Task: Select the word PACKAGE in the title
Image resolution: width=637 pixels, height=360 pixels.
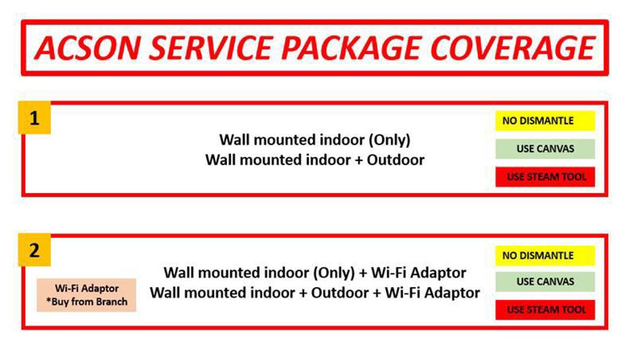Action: [x=351, y=48]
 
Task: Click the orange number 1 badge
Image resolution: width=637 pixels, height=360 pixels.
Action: [x=34, y=118]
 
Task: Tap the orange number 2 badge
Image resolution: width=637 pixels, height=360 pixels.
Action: [x=34, y=250]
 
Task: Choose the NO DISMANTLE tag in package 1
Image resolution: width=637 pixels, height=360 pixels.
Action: [x=545, y=121]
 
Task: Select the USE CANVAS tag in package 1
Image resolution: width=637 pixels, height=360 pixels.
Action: [x=545, y=149]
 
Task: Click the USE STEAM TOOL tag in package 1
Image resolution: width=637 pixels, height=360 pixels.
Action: [x=545, y=177]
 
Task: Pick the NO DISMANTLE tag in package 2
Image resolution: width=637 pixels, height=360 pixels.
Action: [x=545, y=256]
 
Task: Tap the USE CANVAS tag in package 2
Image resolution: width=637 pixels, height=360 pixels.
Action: [x=545, y=281]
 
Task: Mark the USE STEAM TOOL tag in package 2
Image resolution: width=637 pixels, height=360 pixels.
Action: [x=545, y=309]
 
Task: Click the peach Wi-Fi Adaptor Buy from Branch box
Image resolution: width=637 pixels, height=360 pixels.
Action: [x=86, y=295]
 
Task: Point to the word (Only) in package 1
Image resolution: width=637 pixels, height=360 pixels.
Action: [x=390, y=140]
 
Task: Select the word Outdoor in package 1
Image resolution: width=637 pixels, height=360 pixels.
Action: [x=396, y=160]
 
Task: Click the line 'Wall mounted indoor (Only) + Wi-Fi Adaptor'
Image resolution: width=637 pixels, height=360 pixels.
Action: [x=315, y=273]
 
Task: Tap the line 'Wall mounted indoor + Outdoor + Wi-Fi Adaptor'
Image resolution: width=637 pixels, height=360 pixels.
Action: [x=315, y=293]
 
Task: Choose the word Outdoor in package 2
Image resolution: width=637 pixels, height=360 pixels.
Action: [x=340, y=293]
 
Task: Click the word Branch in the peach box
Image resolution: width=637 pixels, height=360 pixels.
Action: [x=111, y=302]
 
